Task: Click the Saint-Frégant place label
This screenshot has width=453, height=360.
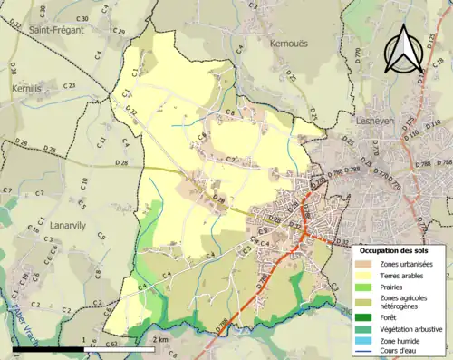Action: tap(56, 30)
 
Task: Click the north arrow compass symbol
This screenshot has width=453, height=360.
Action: tap(403, 49)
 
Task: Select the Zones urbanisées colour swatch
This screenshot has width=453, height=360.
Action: tap(366, 263)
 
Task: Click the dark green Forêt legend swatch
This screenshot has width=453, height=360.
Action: tap(366, 317)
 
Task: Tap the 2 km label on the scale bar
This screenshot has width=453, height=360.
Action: tap(159, 339)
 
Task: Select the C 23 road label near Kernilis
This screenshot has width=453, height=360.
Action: tap(69, 85)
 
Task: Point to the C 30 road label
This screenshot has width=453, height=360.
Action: tap(82, 19)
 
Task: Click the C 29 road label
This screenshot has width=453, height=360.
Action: tap(118, 32)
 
